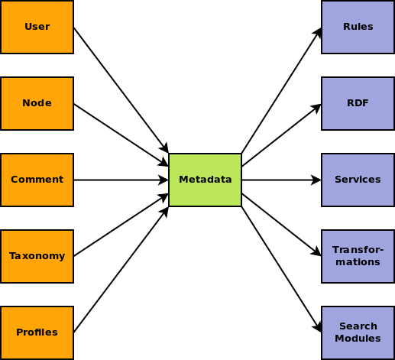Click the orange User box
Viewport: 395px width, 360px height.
(37, 27)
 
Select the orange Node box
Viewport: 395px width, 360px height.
(37, 103)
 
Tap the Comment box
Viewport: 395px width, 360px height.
(37, 180)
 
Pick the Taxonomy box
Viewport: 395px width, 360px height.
(37, 256)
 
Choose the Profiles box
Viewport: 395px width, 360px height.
(37, 332)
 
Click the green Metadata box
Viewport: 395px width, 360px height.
(205, 180)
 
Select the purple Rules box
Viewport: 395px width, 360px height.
(358, 27)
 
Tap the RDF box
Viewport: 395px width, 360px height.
(358, 103)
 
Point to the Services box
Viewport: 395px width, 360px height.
(358, 180)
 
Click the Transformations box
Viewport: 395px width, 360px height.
(358, 256)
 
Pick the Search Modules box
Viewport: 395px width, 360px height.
(358, 332)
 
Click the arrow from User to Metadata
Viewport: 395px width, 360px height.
(121, 90)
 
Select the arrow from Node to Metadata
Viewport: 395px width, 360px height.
(121, 135)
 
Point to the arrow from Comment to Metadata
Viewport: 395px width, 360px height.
(121, 180)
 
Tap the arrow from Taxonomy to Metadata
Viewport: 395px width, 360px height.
(121, 225)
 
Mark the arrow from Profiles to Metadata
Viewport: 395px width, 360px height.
(121, 270)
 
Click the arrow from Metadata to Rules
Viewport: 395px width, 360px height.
(281, 90)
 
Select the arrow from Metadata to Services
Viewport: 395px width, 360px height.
(281, 180)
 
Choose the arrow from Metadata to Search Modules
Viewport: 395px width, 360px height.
(281, 270)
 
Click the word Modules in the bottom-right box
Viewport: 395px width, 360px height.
(358, 339)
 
